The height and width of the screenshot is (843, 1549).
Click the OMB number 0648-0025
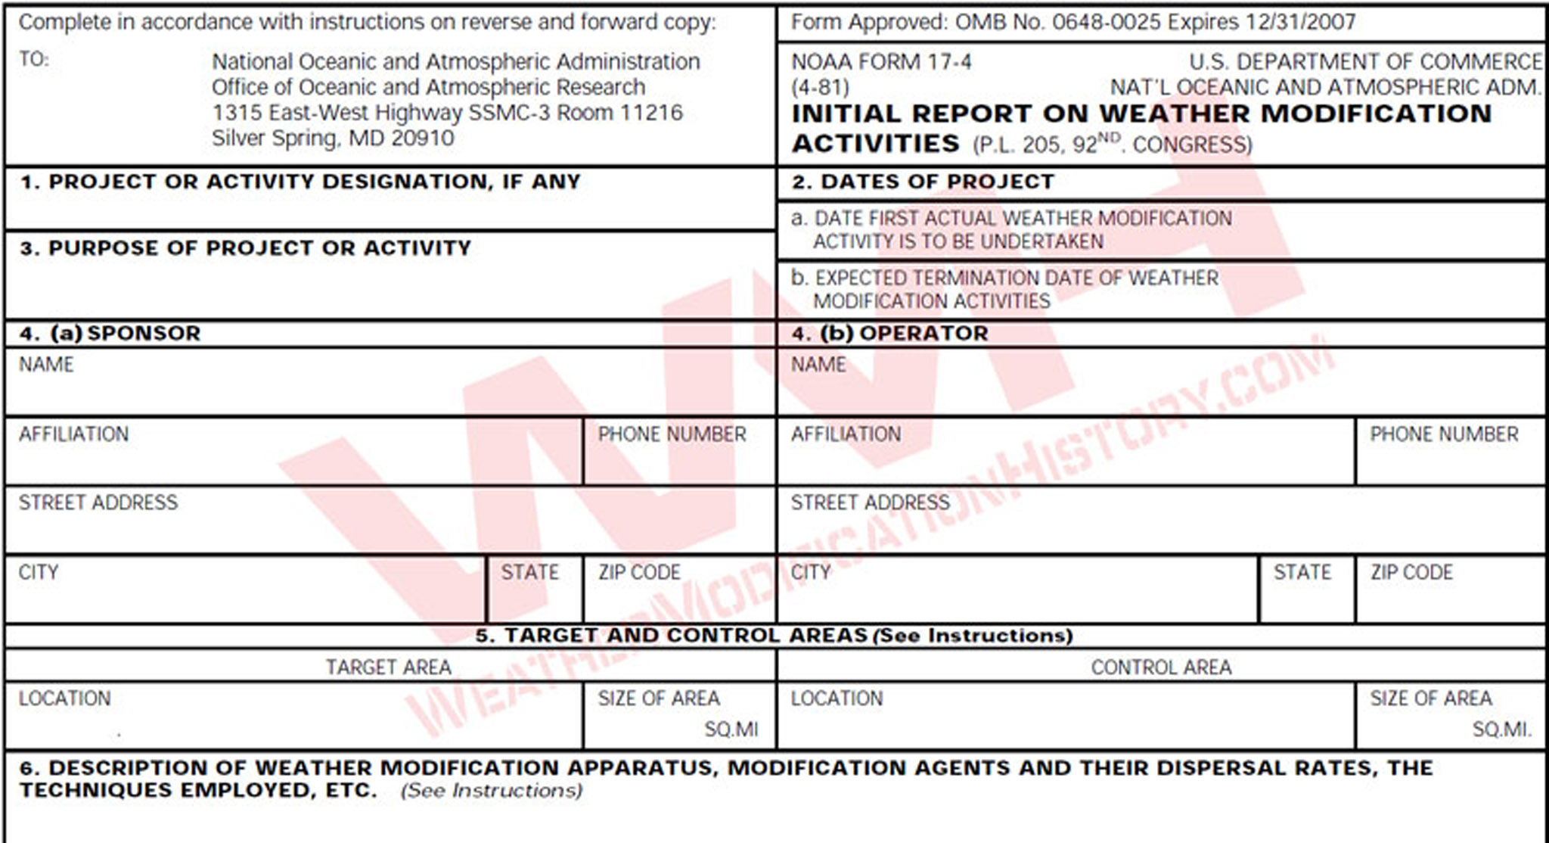coord(1106,22)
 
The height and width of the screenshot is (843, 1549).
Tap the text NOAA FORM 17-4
coord(881,61)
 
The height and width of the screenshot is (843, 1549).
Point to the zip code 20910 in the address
coord(423,138)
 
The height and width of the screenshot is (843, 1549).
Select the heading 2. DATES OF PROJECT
coord(923,182)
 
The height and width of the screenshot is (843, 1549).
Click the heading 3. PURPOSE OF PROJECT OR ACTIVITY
coord(246,248)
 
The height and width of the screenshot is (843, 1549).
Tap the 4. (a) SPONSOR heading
coord(110,334)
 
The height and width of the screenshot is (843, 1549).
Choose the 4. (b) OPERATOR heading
coord(890,334)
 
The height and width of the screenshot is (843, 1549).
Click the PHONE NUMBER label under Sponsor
coord(672,434)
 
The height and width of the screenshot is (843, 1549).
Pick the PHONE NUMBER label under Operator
coord(1444,434)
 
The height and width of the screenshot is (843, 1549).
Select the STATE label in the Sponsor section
coord(529,572)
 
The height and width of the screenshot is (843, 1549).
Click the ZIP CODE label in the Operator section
coord(1411,572)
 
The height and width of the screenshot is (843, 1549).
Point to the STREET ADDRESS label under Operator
coord(870,502)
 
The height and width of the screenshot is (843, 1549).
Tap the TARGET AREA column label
coord(388,667)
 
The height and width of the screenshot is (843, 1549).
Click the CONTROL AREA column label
coord(1161,667)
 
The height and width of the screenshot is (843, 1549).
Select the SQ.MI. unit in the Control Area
coord(1501,730)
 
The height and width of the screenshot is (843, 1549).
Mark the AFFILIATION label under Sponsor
coord(74,434)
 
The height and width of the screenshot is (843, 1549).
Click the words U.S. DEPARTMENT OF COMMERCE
coord(1365,61)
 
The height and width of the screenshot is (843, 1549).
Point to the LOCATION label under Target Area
coord(65,698)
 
